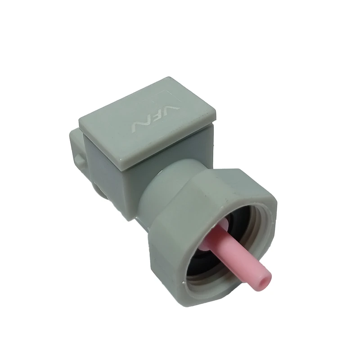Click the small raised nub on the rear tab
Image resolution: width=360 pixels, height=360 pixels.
coord(79,160)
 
